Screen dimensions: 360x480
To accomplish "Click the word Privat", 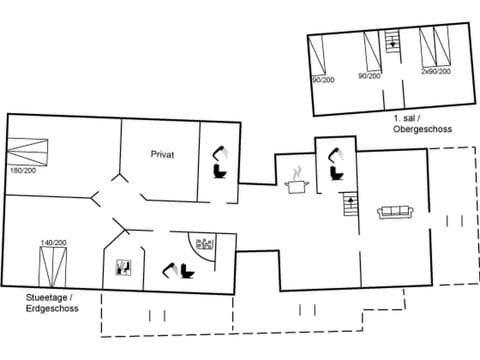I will (x=163, y=153).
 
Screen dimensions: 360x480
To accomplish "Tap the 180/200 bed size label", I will (x=23, y=170).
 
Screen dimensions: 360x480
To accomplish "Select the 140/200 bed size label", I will (x=53, y=243).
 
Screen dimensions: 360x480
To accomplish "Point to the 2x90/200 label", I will (x=435, y=73).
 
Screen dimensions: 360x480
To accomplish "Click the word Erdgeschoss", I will (x=52, y=309).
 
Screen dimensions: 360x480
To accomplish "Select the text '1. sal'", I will (x=407, y=119).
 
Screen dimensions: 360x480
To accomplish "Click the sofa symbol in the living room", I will (x=396, y=211).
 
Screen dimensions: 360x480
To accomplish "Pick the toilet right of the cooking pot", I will (x=334, y=164).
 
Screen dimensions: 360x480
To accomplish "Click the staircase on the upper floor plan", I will (x=393, y=43).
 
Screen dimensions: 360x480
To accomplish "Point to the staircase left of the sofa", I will (x=350, y=208).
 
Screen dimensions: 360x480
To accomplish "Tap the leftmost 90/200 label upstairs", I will (x=322, y=79).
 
